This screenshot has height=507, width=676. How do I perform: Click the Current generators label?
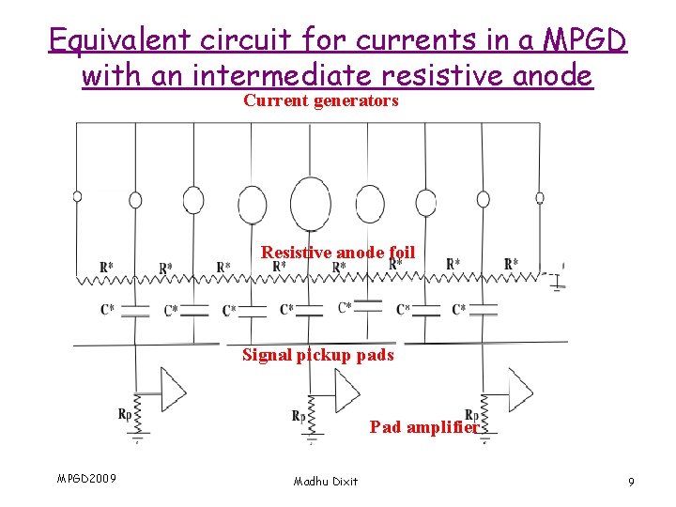(321, 100)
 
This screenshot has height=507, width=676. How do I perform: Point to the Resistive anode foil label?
(337, 252)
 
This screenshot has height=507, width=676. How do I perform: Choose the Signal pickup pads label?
(318, 355)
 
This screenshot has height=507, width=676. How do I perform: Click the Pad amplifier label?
(424, 427)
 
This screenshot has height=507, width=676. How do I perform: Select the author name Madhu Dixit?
(325, 481)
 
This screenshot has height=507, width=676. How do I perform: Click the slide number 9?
(631, 482)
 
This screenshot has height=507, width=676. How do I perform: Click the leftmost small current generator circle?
(77, 197)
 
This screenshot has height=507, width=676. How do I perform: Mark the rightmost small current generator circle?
(540, 198)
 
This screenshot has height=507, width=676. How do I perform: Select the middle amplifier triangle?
(346, 386)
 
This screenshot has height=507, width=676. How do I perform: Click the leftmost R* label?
(108, 268)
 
